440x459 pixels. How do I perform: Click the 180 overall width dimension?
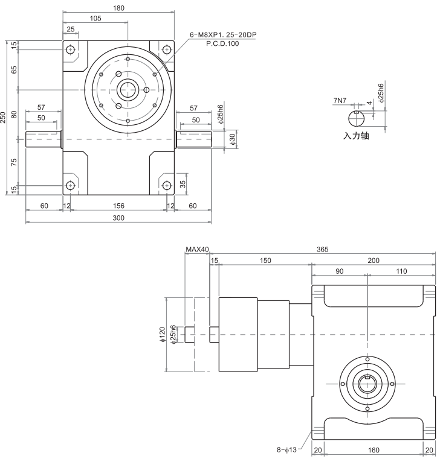pos(118,8)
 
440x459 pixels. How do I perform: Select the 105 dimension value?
pos(95,18)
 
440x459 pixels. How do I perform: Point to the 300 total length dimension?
pos(118,218)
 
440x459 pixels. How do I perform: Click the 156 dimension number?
pos(118,206)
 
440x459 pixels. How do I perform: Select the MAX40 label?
pos(197,248)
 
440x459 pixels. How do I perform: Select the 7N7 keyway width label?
pos(340,101)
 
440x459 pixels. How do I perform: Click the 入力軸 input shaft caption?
pos(356,136)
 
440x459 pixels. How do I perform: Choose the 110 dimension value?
pos(401,271)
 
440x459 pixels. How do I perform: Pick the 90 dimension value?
pos(339,271)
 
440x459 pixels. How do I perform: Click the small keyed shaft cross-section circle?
pos(357,117)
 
